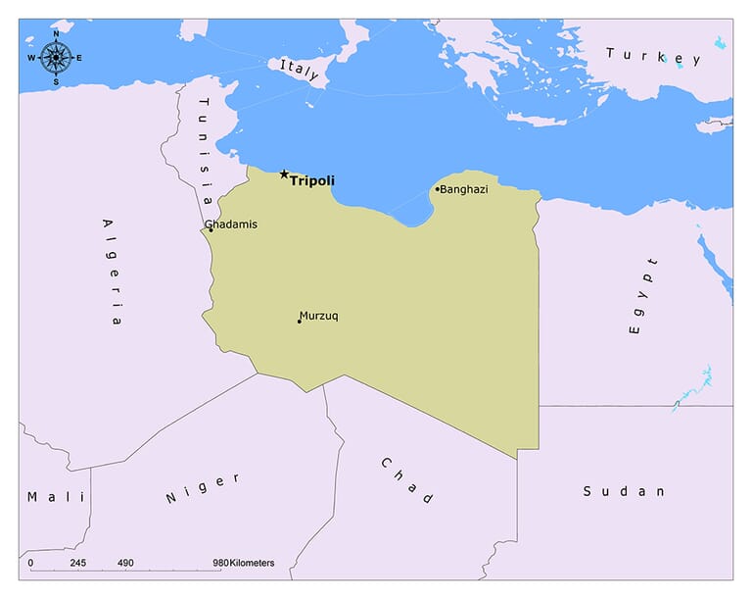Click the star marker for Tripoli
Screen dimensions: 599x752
(x=284, y=175)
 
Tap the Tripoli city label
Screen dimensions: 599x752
(x=311, y=181)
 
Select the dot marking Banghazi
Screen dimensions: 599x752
(x=438, y=189)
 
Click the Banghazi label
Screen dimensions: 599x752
(x=464, y=189)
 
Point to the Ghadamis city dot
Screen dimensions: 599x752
(x=211, y=230)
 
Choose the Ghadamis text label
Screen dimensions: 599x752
(x=231, y=225)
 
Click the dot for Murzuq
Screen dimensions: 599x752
(x=300, y=322)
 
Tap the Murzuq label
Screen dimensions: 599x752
(x=319, y=316)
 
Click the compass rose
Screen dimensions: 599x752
(x=56, y=58)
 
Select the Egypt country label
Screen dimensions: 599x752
(x=642, y=296)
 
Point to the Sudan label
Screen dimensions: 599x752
(x=624, y=491)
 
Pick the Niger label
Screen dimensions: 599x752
(x=203, y=487)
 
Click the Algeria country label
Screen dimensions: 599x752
(x=111, y=272)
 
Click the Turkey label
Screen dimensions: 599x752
(x=653, y=56)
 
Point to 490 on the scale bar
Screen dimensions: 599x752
(x=125, y=563)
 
